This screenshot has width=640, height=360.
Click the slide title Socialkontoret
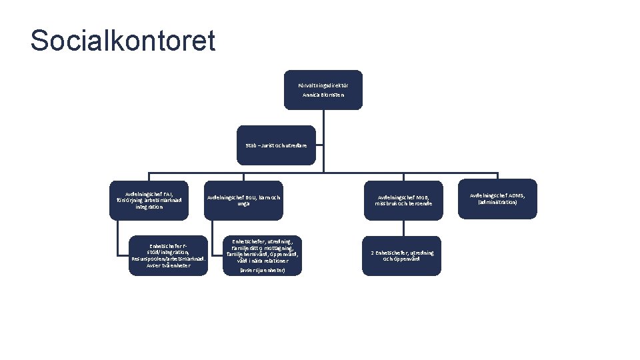123,41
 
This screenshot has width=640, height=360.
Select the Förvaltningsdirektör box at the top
323,89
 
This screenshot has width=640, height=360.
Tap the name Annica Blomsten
323,95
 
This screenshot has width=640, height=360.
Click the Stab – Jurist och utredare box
277,145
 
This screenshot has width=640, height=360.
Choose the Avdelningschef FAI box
149,199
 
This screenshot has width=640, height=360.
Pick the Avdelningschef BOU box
243,199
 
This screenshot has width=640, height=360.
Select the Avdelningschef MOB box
404,199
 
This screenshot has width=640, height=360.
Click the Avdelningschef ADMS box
497,198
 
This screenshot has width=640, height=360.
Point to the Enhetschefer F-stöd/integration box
169,254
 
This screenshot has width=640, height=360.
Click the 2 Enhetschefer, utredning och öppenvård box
403,255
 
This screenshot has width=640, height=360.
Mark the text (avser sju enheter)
262,270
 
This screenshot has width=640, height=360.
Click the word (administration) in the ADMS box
497,202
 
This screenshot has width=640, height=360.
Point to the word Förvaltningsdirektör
323,85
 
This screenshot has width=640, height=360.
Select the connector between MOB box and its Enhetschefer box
403,227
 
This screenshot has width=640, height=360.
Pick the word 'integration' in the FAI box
149,207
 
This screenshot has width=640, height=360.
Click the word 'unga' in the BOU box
243,203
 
